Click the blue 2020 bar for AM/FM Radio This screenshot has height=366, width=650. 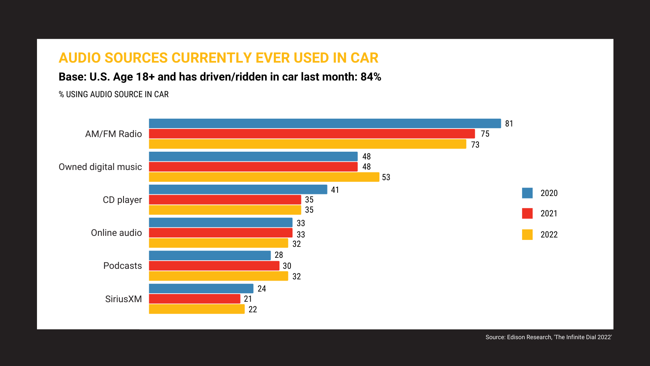[325, 124]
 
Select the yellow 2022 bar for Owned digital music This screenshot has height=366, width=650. [264, 177]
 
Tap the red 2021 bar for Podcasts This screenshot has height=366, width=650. [214, 266]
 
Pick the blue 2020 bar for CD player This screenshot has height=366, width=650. [238, 190]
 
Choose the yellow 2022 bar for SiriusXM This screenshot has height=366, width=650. [197, 309]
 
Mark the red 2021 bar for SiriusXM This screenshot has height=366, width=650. [195, 299]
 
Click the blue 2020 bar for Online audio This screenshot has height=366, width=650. [221, 222]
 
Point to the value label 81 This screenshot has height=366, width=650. [509, 124]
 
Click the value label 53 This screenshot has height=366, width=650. [386, 177]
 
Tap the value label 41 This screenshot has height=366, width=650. [335, 190]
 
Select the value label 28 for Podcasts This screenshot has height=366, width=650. [279, 255]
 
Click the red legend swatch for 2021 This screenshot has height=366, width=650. [527, 213]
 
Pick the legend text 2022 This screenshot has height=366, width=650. [549, 235]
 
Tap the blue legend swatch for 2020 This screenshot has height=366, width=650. [527, 193]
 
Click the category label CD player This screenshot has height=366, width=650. [122, 200]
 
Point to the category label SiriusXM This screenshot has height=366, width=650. [123, 299]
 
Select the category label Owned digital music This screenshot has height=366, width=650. [100, 167]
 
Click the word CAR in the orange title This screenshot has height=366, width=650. [364, 58]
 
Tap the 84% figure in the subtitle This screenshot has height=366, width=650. [370, 77]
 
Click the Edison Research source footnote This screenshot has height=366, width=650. [548, 337]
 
